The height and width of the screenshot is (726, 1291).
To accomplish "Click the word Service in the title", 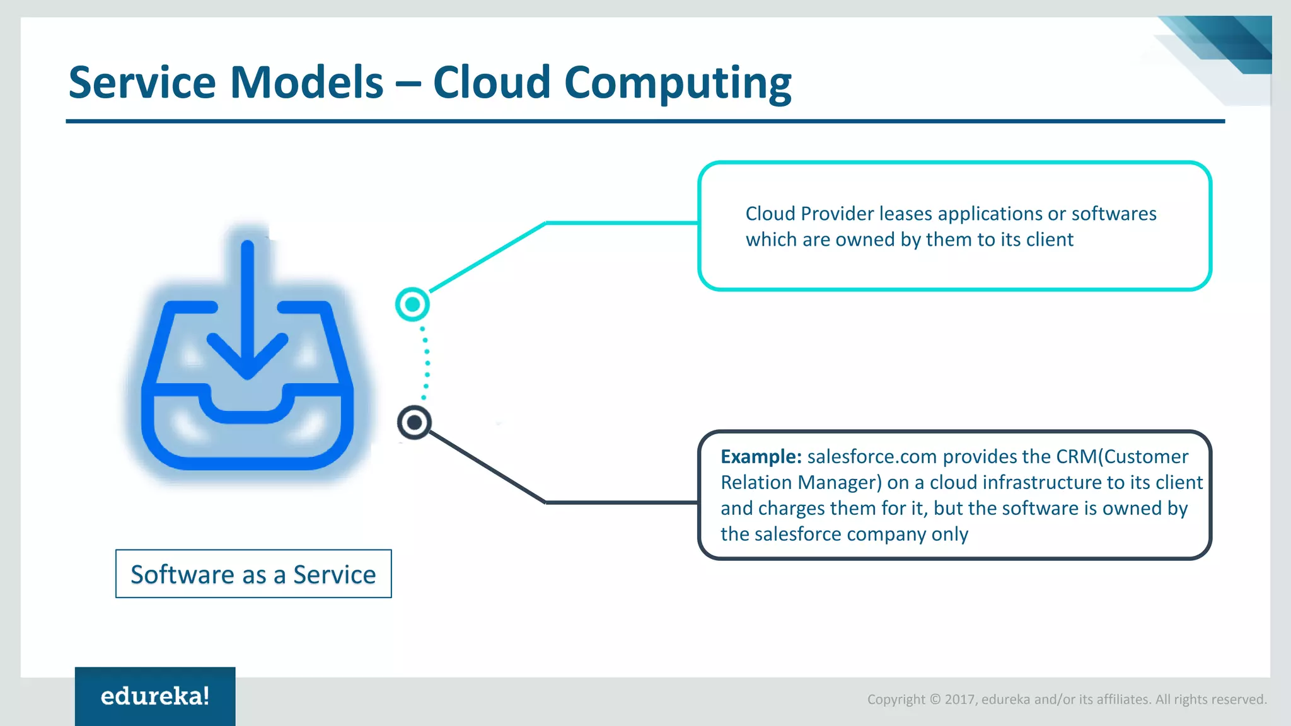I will (x=142, y=83).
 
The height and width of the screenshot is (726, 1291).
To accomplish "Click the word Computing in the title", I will (x=678, y=84).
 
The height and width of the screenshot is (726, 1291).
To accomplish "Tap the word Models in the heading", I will (x=306, y=83).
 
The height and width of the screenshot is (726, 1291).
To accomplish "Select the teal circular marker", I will (x=412, y=304).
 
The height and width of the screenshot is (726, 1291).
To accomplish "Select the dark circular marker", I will (x=414, y=422).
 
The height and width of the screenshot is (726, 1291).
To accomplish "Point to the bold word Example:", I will (x=761, y=456).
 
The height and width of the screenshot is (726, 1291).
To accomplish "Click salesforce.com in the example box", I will (x=872, y=456).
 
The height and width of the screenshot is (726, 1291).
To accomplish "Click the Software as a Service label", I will (x=253, y=574).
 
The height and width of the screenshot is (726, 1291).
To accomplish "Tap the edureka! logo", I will (x=155, y=696).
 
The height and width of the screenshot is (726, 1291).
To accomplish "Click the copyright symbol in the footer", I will (x=935, y=699).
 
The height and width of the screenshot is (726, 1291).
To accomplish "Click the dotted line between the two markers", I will (x=427, y=363).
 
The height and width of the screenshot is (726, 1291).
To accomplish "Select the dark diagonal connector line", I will (x=487, y=467).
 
